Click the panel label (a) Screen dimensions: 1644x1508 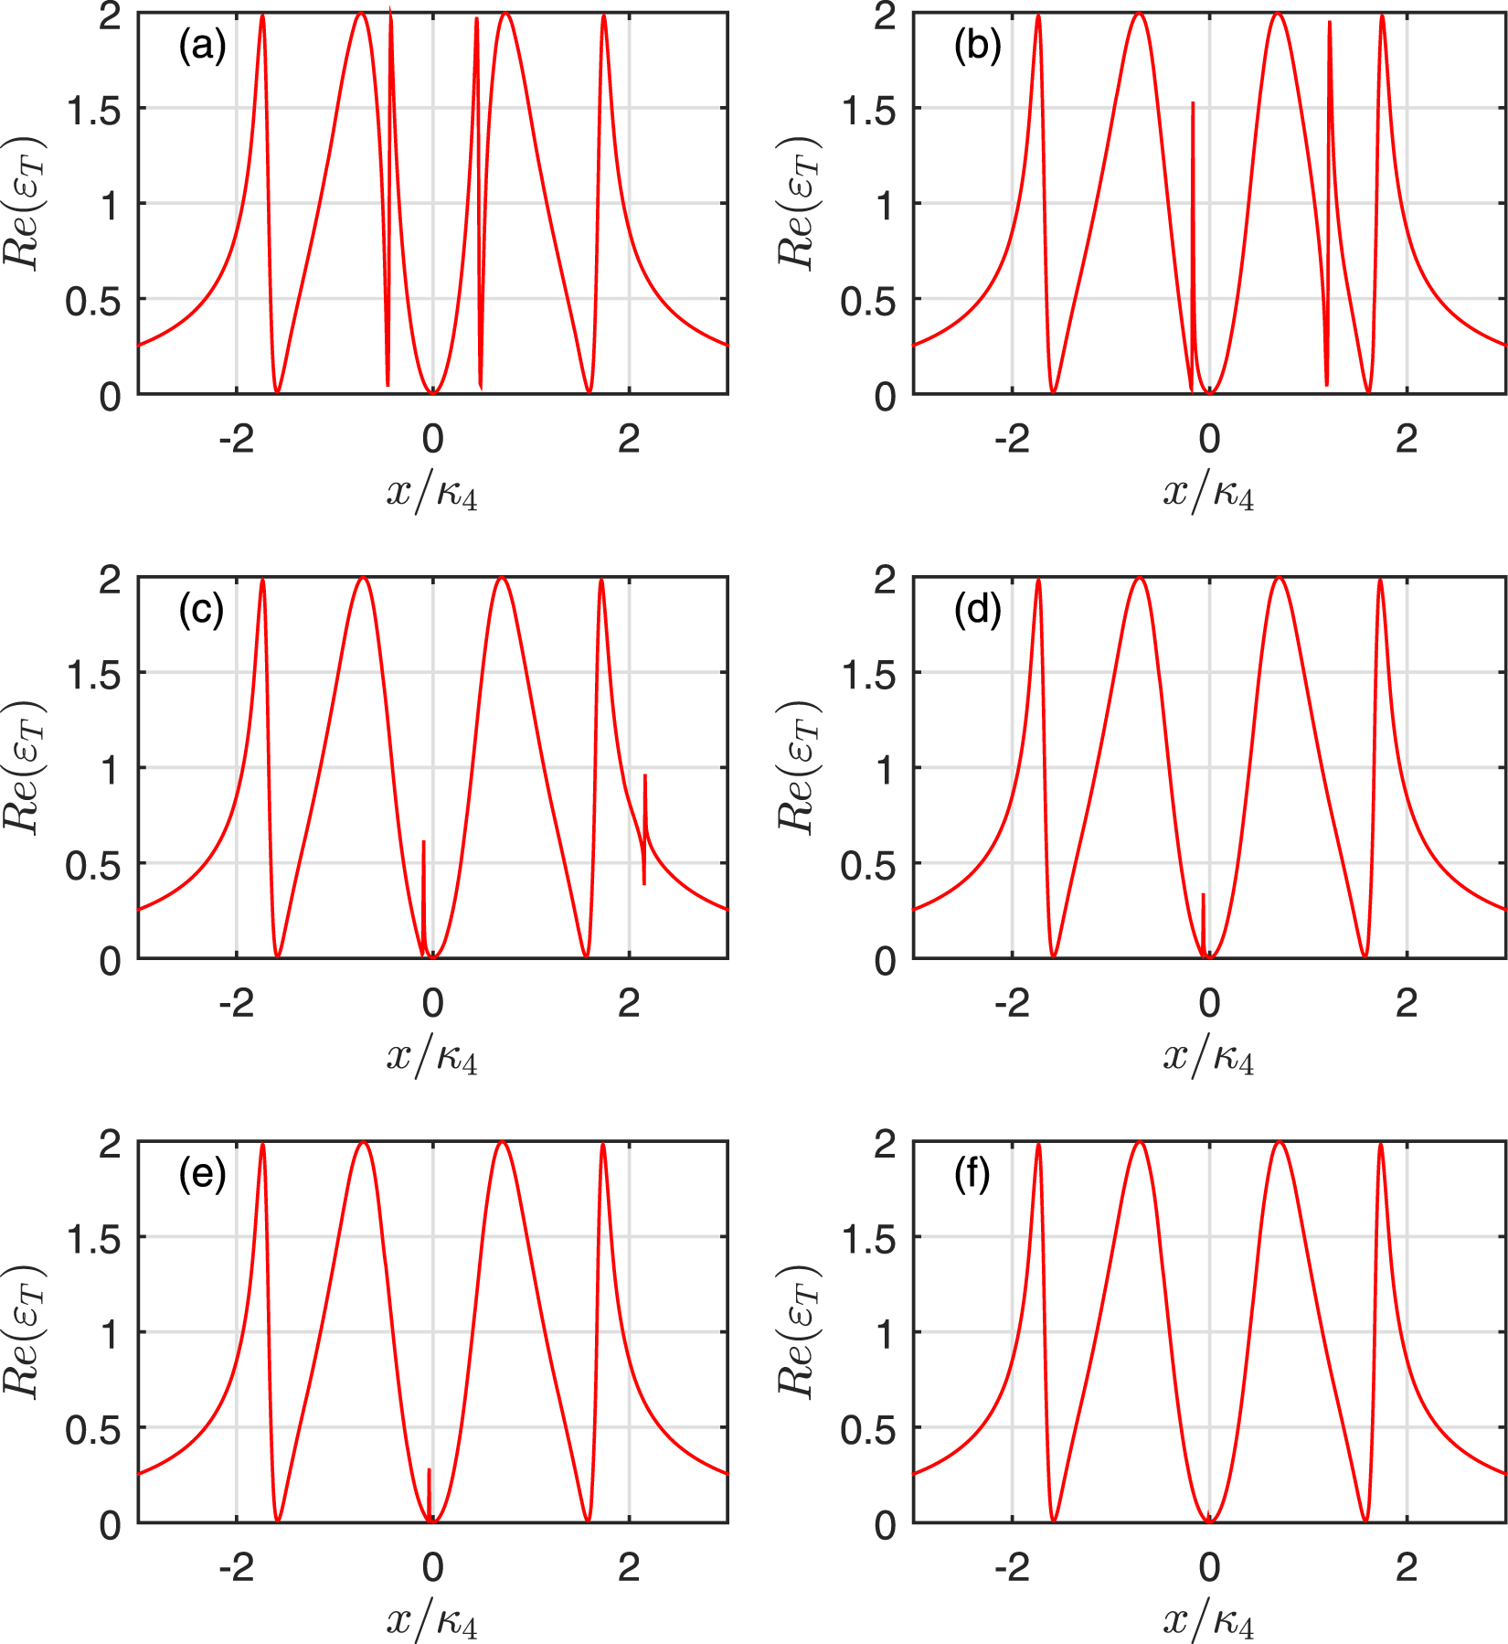pyautogui.click(x=202, y=46)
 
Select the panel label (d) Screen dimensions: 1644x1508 pyautogui.click(x=977, y=610)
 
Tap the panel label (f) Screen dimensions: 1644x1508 pyautogui.click(x=972, y=1174)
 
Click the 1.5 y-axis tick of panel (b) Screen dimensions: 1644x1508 pyautogui.click(x=870, y=110)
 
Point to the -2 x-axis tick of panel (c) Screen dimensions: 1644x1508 pyautogui.click(x=236, y=1003)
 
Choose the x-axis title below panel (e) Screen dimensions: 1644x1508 pyautogui.click(x=432, y=1619)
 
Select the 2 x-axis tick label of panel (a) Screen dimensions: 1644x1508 pyautogui.click(x=628, y=439)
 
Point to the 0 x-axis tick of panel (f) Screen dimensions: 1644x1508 pyautogui.click(x=1209, y=1567)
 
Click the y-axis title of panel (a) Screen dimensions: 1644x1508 pyautogui.click(x=22, y=203)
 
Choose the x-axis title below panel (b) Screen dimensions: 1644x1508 pyautogui.click(x=1208, y=493)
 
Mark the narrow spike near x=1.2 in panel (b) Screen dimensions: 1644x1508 pyautogui.click(x=1329, y=183)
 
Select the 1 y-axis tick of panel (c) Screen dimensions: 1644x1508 pyautogui.click(x=109, y=769)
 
